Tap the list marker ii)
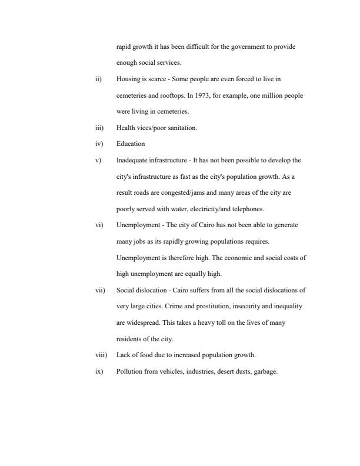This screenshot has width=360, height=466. (x=98, y=79)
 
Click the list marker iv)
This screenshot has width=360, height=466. (x=99, y=144)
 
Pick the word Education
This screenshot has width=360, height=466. (x=130, y=144)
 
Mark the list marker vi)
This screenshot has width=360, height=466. (x=99, y=225)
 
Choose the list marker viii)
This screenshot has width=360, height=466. (x=100, y=355)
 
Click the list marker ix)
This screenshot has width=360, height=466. (x=99, y=371)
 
